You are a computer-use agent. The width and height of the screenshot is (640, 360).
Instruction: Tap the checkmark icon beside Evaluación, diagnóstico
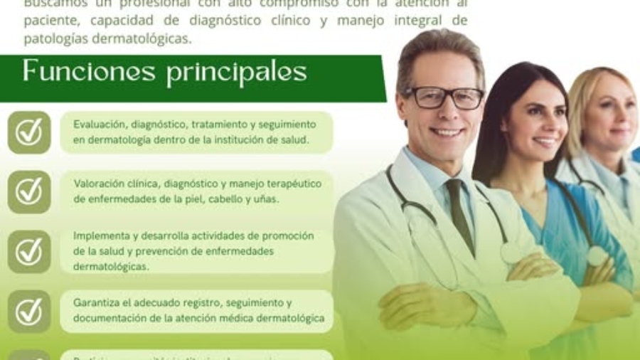click(x=29, y=132)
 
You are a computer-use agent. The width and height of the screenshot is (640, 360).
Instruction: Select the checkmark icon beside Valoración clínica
click(x=29, y=191)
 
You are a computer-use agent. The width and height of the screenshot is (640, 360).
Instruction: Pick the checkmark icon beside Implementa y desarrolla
click(x=29, y=251)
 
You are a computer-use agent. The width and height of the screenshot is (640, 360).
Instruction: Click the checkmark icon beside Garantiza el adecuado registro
click(x=29, y=311)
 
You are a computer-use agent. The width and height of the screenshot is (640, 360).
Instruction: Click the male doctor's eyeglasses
click(x=444, y=98)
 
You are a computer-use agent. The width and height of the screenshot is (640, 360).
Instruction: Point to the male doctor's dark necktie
click(x=459, y=213)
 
